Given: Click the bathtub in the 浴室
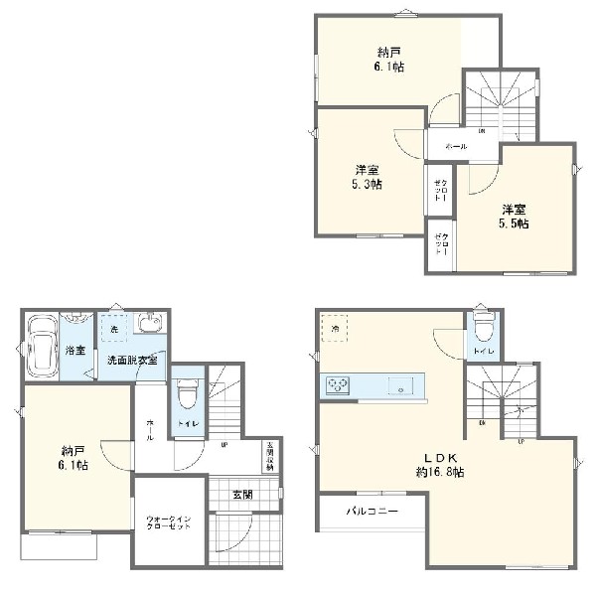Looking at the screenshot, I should tap(43, 348).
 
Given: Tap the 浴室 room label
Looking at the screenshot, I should tap(75, 351).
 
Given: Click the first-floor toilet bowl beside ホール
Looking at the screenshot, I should tap(187, 395).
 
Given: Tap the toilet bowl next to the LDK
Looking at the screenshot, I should tap(482, 327).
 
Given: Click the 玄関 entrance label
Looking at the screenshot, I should tap(242, 494).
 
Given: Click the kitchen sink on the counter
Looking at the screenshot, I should tap(400, 386).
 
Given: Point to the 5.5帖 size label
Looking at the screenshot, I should tap(514, 223).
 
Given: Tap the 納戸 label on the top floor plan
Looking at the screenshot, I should tap(389, 52).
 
